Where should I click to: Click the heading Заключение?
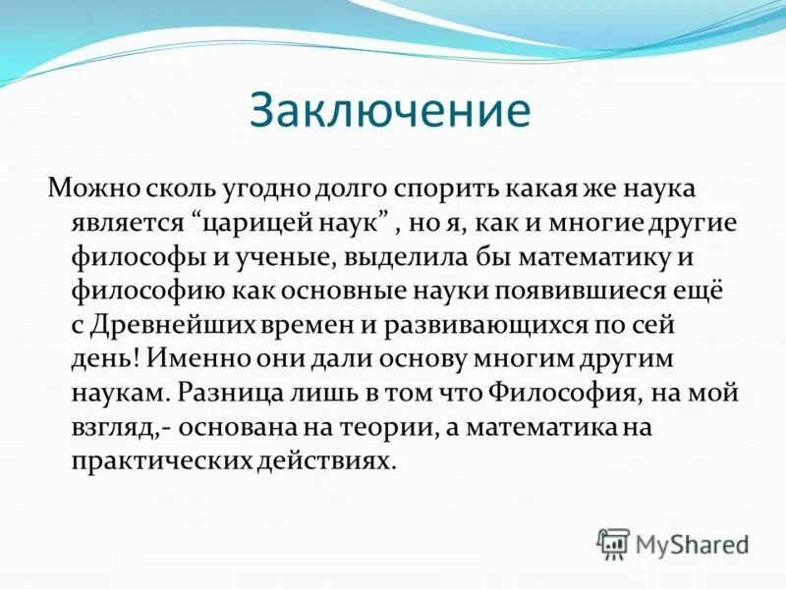[x=390, y=111]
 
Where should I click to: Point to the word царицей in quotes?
[x=253, y=222]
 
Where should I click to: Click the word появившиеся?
[x=599, y=292]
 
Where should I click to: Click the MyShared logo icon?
[x=613, y=543]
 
